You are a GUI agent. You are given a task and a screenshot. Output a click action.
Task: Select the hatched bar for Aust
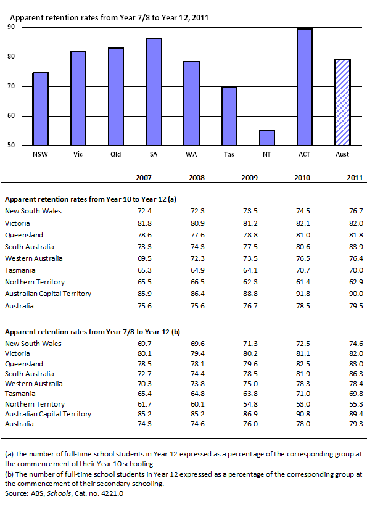click(x=342, y=102)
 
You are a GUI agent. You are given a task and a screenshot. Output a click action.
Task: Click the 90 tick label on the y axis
click(x=11, y=27)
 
